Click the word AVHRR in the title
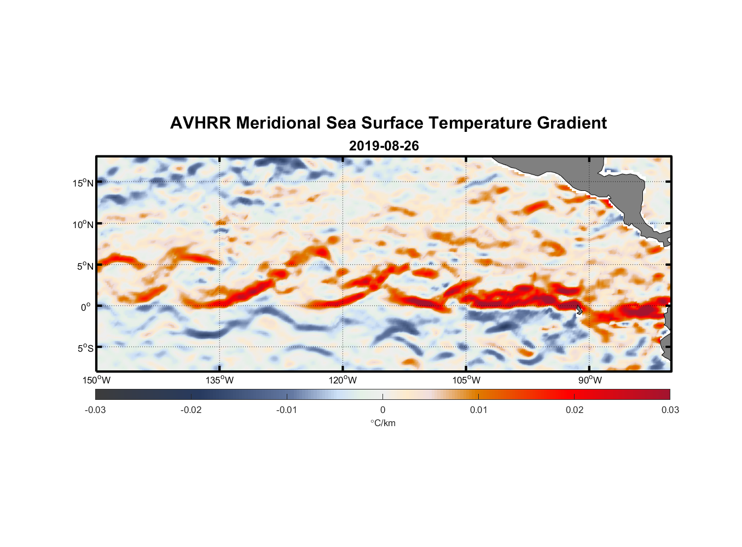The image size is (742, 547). [x=200, y=123]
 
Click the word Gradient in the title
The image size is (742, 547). [x=572, y=123]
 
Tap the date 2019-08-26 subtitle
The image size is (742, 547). [x=384, y=146]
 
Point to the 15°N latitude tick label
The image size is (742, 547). [x=83, y=183]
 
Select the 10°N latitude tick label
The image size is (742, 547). [x=83, y=224]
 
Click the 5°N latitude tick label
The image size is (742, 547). [x=85, y=266]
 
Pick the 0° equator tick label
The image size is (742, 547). [x=86, y=307]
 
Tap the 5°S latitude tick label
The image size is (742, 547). [x=85, y=348]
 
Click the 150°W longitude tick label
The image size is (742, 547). [x=97, y=380]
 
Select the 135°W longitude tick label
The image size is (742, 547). [x=220, y=380]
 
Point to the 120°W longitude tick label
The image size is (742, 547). [x=343, y=380]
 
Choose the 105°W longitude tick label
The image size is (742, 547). [x=466, y=380]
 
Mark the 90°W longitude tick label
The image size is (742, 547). [x=590, y=380]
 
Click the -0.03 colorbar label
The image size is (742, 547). [x=95, y=410]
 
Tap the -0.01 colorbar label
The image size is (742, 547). [x=287, y=410]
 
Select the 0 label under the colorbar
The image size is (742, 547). [x=382, y=410]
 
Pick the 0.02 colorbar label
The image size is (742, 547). [x=575, y=410]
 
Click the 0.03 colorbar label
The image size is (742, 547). [x=670, y=410]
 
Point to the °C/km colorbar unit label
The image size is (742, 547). [x=383, y=423]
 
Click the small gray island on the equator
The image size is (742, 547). [x=579, y=310]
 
